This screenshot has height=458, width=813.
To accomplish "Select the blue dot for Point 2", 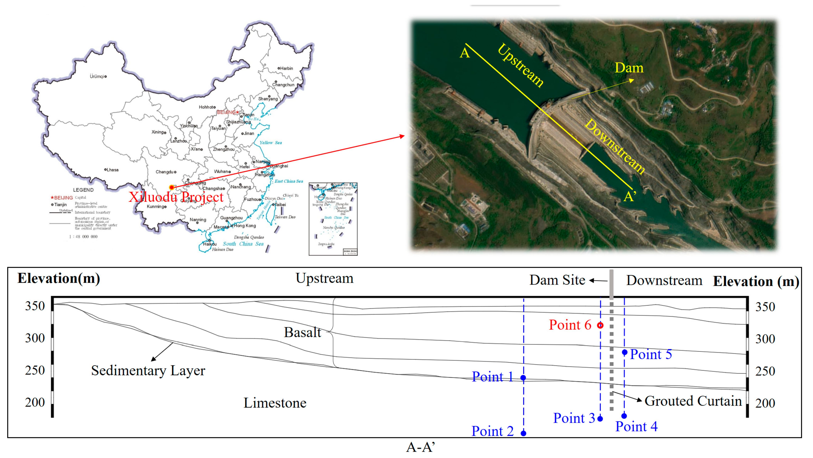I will [x=523, y=433].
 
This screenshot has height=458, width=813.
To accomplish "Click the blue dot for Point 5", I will [x=624, y=352].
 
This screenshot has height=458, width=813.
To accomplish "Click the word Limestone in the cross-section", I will [x=275, y=403].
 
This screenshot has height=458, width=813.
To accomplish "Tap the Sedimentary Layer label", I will [x=148, y=371].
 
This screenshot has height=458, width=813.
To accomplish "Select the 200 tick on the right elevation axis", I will [x=765, y=403].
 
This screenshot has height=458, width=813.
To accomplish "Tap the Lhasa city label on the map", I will [x=112, y=170].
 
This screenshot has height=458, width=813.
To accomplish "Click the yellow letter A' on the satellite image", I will [x=630, y=196].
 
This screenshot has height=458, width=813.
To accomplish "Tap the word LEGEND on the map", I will [x=83, y=190].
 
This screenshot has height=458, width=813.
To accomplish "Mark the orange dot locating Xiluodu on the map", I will [x=171, y=188].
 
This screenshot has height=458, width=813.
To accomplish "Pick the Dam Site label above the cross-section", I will [x=557, y=280].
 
